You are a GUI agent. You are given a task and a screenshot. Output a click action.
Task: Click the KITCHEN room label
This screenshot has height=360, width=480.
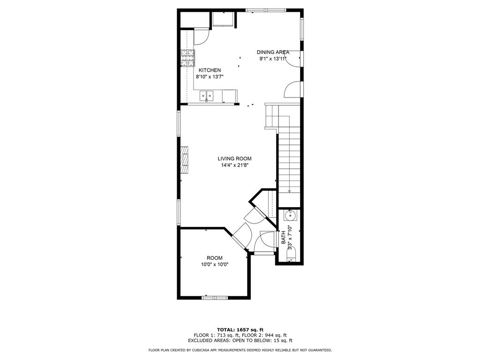click(210, 70)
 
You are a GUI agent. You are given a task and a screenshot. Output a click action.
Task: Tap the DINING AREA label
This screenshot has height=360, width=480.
click(273, 52)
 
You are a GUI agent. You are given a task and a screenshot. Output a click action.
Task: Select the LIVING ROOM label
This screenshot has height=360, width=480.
click(234, 158)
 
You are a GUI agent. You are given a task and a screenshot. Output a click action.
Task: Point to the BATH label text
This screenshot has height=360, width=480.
click(283, 237)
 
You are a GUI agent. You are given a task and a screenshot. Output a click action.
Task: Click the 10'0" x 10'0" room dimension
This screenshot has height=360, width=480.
click(215, 264)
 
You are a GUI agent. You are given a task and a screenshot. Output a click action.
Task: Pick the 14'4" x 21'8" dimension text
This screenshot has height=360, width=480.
click(234, 165)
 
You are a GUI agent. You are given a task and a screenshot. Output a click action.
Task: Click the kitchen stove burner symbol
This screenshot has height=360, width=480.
click(187, 58)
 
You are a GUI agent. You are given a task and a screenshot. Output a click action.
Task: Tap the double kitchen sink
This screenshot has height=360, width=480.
click(207, 96)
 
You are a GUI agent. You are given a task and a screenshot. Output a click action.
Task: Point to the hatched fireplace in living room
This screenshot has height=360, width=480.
click(184, 160)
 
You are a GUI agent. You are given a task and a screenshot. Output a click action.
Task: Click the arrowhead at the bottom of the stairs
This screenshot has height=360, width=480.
click(289, 191)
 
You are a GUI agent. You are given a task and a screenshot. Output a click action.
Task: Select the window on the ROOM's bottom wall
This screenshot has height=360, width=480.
click(215, 298)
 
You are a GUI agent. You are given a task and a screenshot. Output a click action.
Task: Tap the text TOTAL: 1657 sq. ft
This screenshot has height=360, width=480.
click(240, 330)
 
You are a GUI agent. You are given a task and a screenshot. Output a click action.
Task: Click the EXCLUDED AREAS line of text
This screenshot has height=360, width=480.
click(240, 340)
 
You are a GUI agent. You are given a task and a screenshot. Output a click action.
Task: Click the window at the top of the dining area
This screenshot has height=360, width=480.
click(266, 10)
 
